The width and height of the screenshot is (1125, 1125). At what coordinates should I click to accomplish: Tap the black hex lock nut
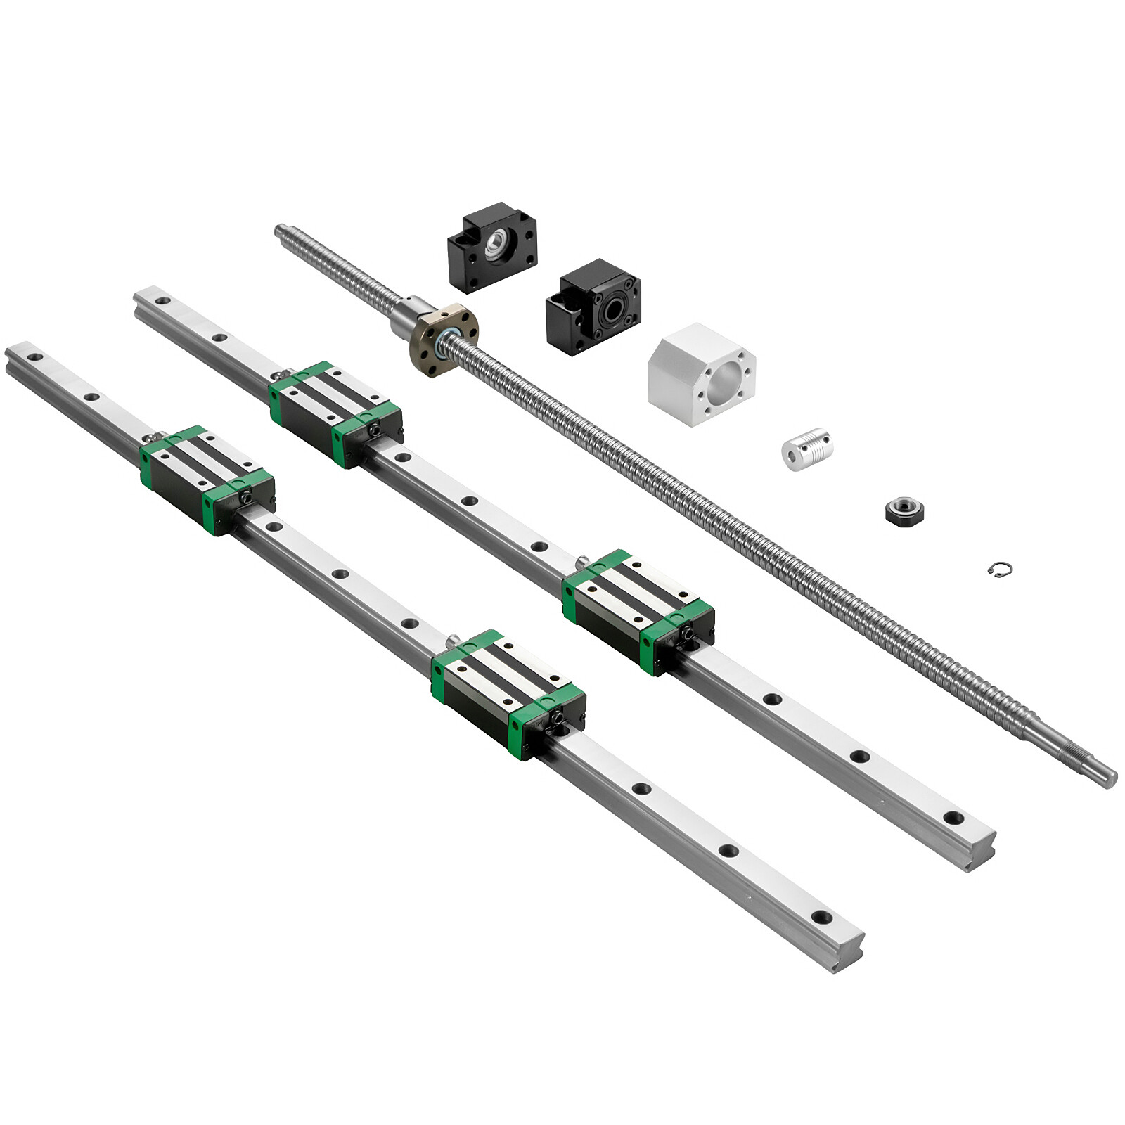click(x=904, y=508)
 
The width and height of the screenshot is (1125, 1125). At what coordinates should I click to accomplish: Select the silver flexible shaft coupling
click(x=807, y=448)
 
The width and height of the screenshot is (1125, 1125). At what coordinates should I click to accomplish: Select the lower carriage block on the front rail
click(x=508, y=693)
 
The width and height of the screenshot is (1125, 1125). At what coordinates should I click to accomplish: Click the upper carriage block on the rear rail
click(x=335, y=413)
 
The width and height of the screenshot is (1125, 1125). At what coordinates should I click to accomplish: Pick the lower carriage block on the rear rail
click(x=638, y=610)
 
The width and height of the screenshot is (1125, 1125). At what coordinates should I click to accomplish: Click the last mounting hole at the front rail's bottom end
click(x=821, y=917)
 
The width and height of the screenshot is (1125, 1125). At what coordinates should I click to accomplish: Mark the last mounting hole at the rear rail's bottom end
click(x=953, y=817)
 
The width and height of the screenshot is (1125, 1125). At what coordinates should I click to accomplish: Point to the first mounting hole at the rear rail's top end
click(x=162, y=301)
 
